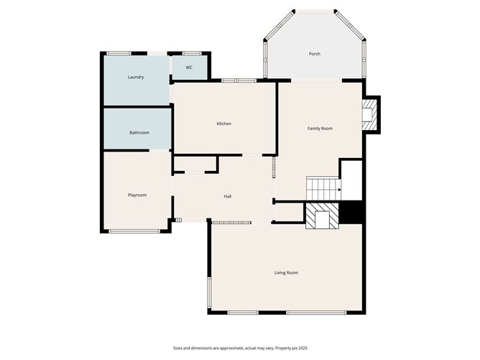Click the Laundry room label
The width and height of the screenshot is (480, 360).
click(136, 78)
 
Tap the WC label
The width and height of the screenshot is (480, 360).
click(189, 68)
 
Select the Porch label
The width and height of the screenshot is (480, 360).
click(314, 54)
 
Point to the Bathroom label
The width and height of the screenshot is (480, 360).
click(139, 133)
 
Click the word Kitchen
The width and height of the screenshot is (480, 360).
click(224, 124)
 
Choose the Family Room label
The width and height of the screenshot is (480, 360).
click(320, 129)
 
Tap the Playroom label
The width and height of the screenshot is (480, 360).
click(137, 195)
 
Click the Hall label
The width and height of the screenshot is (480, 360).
click(227, 196)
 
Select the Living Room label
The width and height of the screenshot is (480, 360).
click(286, 272)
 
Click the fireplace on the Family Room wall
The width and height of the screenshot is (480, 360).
click(369, 115)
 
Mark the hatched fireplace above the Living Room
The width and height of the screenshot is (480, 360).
click(322, 215)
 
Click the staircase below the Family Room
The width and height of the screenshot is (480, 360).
click(322, 188)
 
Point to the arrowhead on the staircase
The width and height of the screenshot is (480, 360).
click(339, 190)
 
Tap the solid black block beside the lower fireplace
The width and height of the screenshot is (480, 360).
click(351, 213)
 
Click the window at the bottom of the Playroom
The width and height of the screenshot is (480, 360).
click(134, 231)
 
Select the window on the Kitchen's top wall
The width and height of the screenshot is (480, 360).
click(239, 80)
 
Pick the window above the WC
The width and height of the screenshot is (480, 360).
click(191, 52)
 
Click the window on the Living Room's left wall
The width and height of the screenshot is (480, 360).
click(209, 292)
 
